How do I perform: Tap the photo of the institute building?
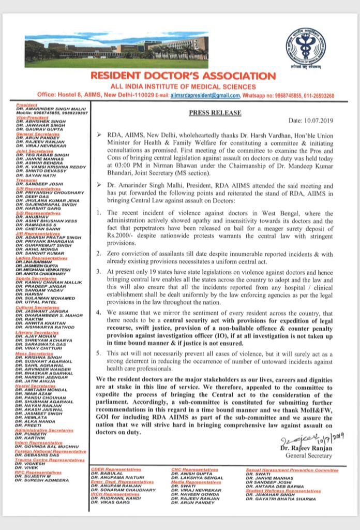coord(116,50)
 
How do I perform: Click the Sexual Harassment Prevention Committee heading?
coord(292,470)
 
